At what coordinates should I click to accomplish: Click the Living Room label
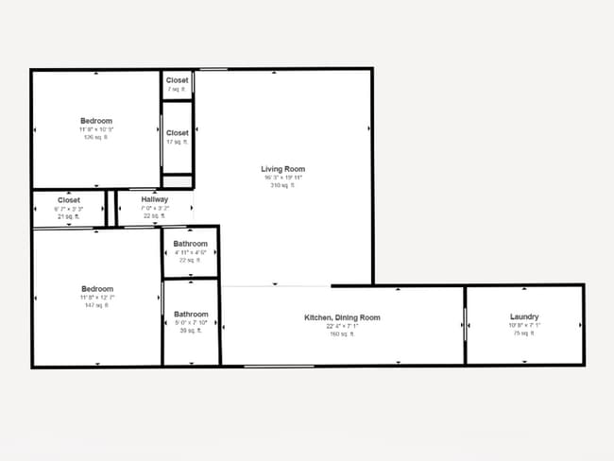283,169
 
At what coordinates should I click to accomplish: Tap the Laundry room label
524,316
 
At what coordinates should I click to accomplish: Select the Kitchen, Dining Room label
342,317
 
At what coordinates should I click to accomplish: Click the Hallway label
155,200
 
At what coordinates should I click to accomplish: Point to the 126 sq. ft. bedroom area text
96,137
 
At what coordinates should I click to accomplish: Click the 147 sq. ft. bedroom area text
96,305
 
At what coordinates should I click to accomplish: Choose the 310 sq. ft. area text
283,186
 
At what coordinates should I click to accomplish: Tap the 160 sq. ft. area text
341,333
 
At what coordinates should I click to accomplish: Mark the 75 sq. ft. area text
524,333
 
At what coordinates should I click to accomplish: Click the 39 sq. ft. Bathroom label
191,315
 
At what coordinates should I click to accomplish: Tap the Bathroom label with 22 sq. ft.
191,245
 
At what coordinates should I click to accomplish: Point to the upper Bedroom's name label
96,121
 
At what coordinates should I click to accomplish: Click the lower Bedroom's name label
96,289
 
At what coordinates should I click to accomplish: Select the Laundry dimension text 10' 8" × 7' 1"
524,325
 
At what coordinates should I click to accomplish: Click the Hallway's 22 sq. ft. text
155,216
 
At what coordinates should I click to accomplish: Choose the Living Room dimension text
283,178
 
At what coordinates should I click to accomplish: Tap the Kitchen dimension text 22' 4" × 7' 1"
341,326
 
